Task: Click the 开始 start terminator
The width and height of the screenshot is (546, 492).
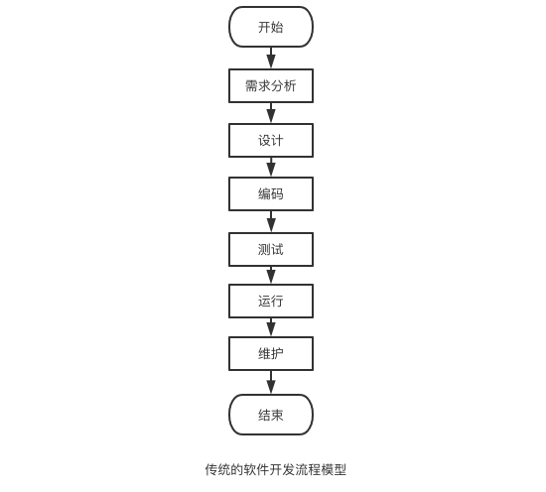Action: [x=271, y=27]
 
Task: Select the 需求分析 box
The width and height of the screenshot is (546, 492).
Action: [x=271, y=86]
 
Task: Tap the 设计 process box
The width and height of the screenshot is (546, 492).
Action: [x=271, y=140]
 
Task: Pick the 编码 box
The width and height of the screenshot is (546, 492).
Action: [x=271, y=193]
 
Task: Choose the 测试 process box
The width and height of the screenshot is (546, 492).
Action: [x=271, y=250]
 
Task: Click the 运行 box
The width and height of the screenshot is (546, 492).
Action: [x=271, y=301]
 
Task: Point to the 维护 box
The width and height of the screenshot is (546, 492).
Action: [x=271, y=353]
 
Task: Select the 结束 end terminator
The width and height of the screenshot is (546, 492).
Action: [x=271, y=415]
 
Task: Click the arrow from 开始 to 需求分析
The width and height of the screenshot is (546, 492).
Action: [x=271, y=58]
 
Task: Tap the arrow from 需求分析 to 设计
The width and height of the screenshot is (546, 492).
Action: [x=271, y=113]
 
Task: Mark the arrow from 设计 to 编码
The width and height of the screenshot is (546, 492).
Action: [x=271, y=167]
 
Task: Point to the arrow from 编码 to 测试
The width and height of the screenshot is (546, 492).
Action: [x=271, y=221]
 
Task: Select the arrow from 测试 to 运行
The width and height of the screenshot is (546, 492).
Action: [x=271, y=275]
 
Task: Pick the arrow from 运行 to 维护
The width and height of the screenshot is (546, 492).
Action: [x=271, y=327]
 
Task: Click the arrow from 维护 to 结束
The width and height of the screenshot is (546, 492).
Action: [x=271, y=383]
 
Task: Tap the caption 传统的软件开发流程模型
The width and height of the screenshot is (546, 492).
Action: [x=275, y=470]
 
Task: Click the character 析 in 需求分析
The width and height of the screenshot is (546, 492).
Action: [x=290, y=86]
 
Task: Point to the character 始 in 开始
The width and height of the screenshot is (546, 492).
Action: [x=277, y=27]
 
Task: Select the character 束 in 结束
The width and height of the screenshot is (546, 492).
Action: [x=277, y=415]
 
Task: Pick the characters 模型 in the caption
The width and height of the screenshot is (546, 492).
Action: [x=334, y=470]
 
